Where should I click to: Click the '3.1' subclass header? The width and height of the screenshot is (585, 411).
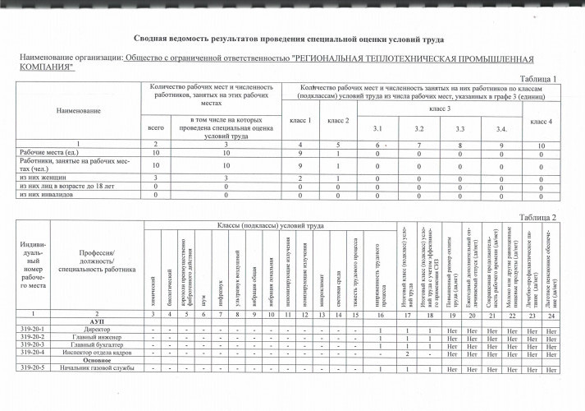point(377,130)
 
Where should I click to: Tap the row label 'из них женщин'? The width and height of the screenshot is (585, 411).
point(42,177)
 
